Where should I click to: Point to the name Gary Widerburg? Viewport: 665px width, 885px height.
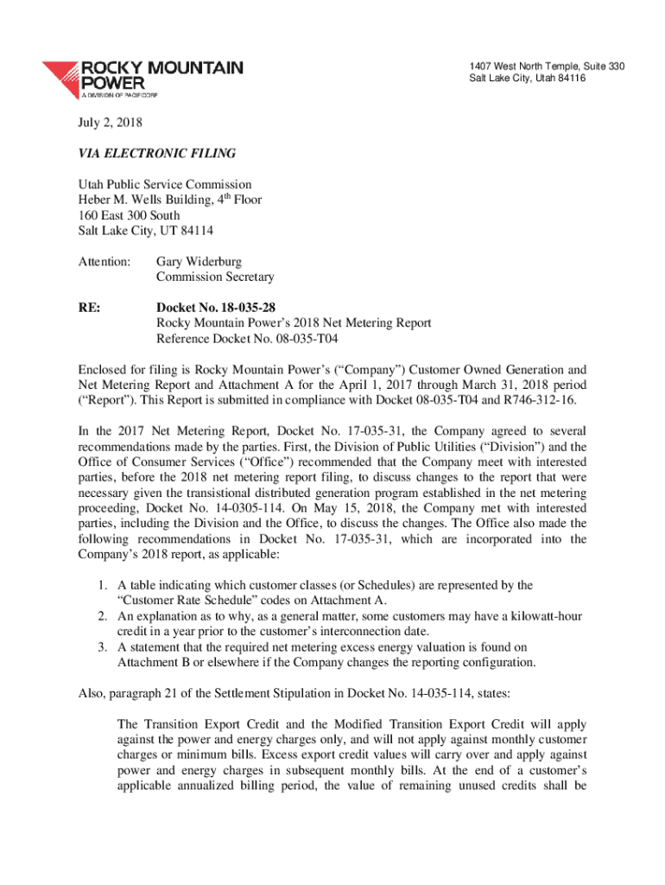coord(198,261)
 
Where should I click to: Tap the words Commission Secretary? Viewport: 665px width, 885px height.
coord(214,277)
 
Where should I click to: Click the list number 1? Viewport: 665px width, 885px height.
coord(102,585)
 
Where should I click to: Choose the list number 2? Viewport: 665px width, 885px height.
coord(102,616)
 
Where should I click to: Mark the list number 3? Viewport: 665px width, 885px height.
coord(102,647)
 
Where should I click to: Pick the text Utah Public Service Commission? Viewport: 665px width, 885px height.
coord(165,184)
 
